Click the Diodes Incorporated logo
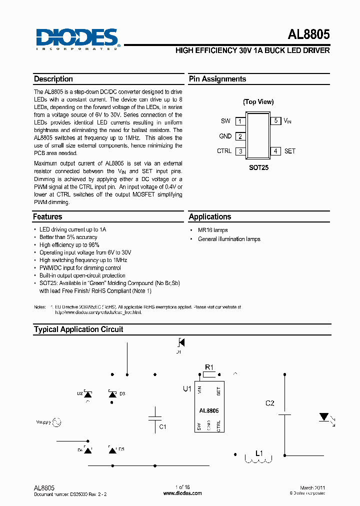point(77,39)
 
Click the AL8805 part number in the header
point(308,35)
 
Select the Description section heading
point(53,79)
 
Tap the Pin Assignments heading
point(217,79)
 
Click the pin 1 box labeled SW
point(240,121)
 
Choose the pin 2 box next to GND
point(240,136)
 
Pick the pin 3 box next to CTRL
point(240,151)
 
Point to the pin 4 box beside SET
point(275,151)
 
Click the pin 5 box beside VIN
point(275,121)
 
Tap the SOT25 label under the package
point(258,168)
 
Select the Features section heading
point(48,217)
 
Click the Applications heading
point(210,217)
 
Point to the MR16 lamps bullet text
point(212,230)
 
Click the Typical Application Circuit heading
point(78,329)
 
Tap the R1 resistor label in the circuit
point(209,367)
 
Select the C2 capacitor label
point(270,403)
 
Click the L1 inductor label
point(259,453)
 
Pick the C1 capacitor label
point(162,427)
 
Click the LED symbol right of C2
point(323,416)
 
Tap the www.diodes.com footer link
point(183,493)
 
